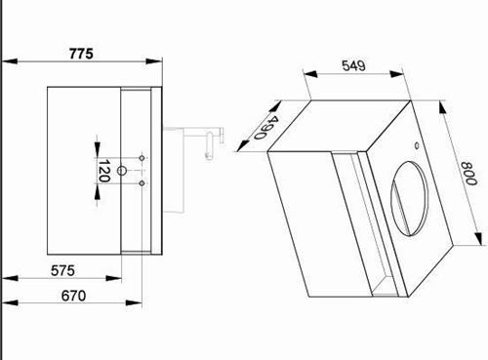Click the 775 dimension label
81,54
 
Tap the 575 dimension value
62,270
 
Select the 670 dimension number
73,296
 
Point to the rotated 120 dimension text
103,171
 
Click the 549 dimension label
353,65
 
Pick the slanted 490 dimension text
265,128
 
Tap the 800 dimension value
468,174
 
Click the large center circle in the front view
121,171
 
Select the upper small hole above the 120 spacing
142,158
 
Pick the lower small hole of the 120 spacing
142,183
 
